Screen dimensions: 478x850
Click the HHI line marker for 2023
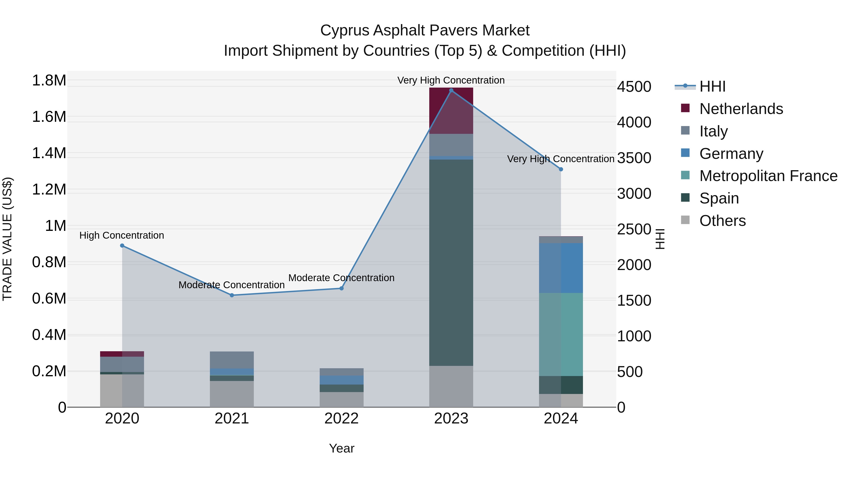(451, 90)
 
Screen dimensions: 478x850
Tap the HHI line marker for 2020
(122, 246)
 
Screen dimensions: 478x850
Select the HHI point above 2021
(232, 295)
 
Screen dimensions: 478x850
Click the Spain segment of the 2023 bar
(451, 262)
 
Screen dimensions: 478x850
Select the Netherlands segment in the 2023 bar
(451, 110)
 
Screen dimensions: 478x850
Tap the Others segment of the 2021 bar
(232, 394)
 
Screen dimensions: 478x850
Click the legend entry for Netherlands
(741, 109)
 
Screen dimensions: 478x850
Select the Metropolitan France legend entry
(768, 176)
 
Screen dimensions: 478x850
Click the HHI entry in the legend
(712, 86)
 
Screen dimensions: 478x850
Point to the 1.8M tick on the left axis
(49, 80)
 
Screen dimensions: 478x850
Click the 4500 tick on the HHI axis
(634, 87)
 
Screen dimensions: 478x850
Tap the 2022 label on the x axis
(341, 419)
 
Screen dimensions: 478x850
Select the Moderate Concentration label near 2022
(341, 278)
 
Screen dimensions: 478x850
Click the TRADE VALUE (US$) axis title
(7, 239)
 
